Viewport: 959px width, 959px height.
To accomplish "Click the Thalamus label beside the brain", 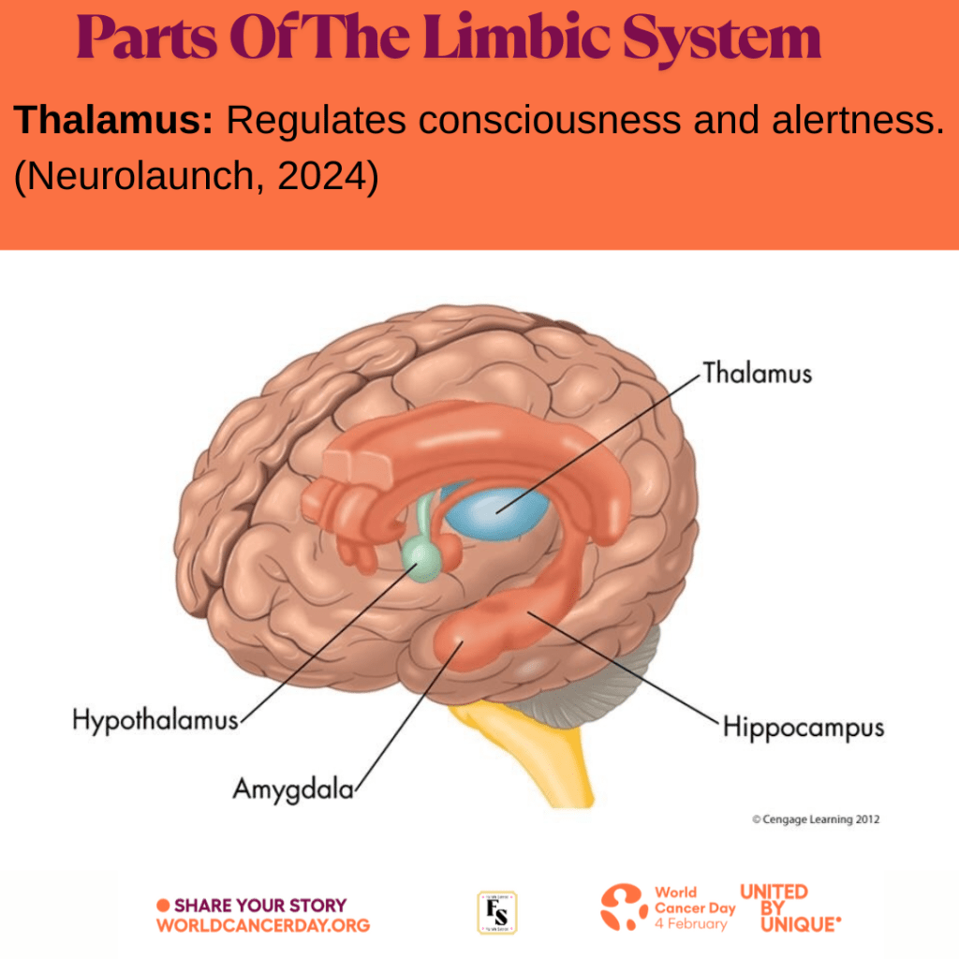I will pos(757,374).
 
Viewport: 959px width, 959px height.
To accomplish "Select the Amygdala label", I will pos(293,789).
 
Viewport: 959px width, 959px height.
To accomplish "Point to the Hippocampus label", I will pos(803,728).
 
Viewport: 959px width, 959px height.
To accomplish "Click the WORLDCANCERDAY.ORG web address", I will pos(263,926).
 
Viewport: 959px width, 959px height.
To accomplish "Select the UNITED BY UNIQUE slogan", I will pos(789,908).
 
